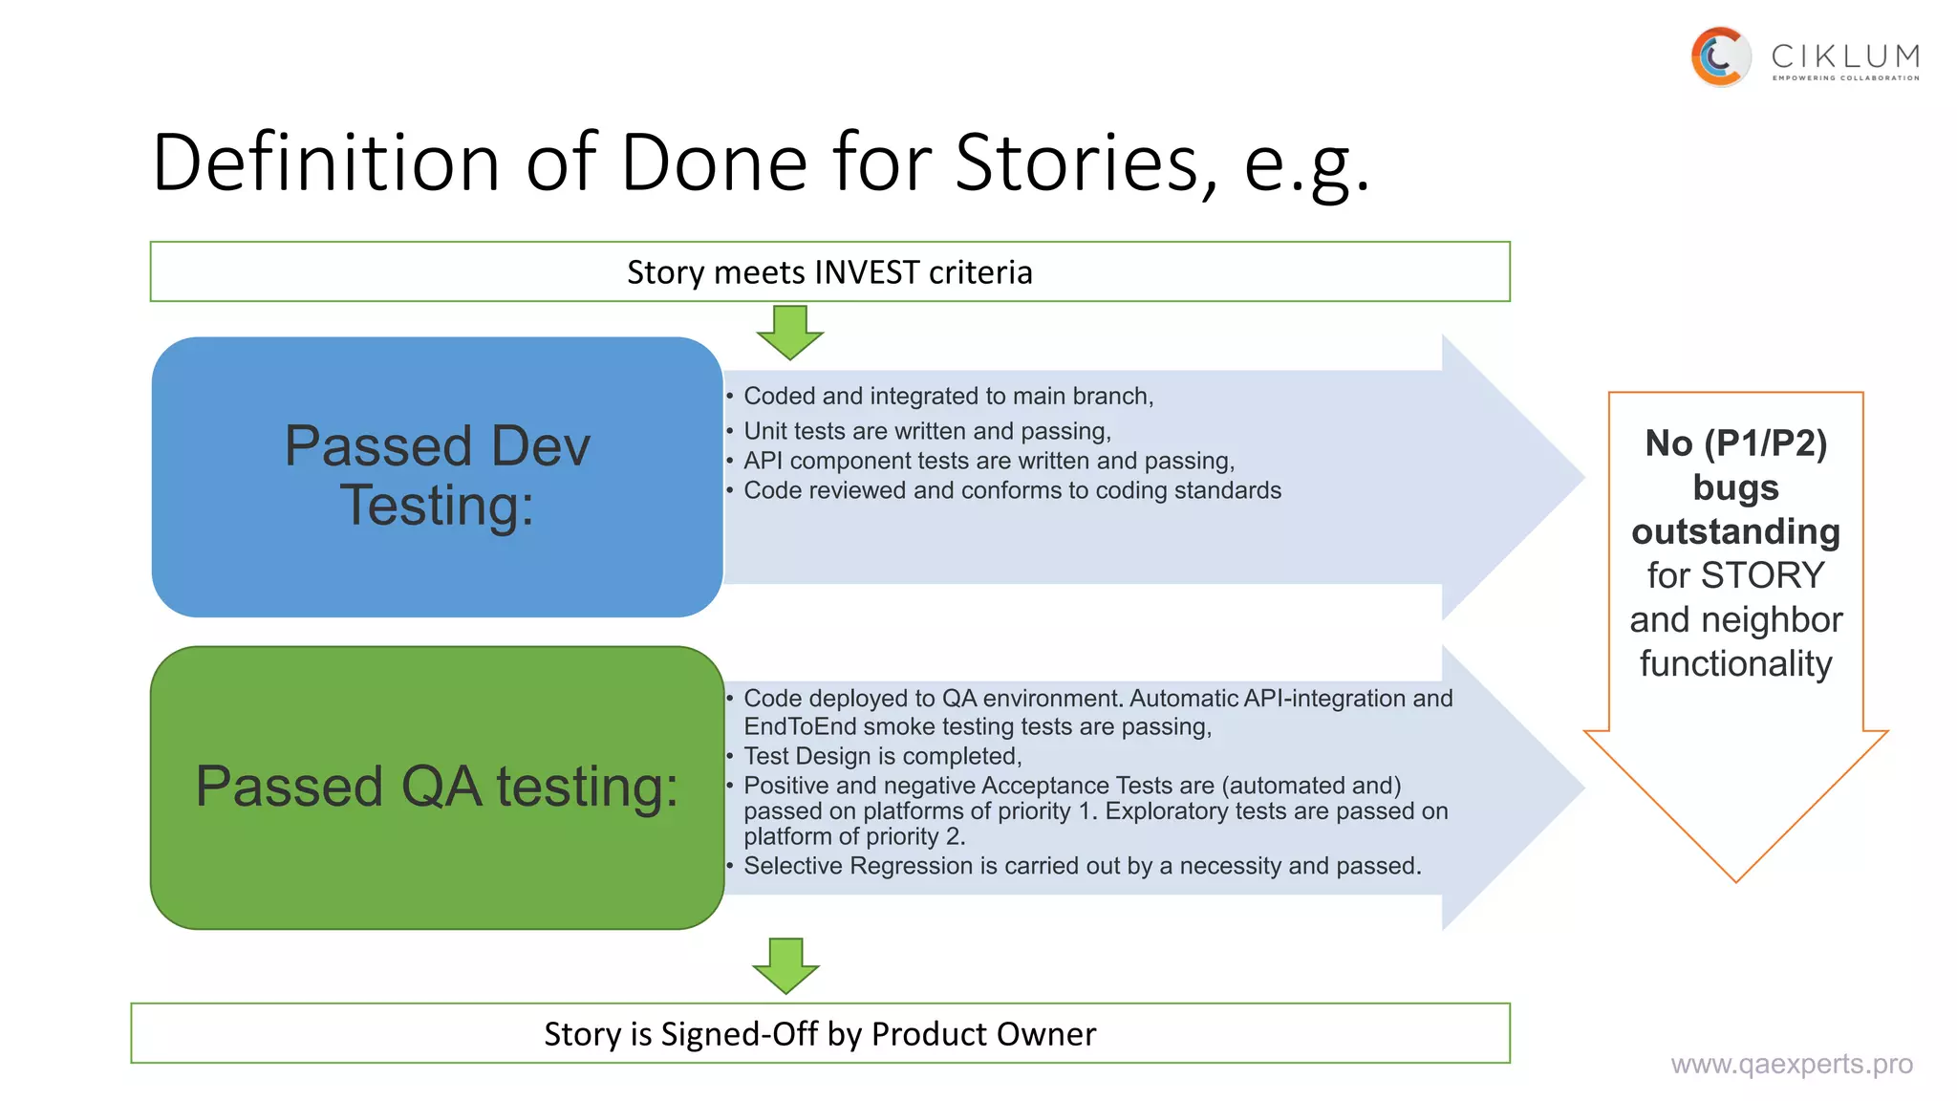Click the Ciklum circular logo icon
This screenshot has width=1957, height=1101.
[1720, 56]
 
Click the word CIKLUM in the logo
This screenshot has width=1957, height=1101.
[1844, 55]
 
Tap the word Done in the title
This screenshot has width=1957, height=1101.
[714, 162]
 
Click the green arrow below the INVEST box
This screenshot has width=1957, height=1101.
[789, 332]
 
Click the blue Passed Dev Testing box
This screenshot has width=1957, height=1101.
[437, 476]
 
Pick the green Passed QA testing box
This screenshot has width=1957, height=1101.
[437, 787]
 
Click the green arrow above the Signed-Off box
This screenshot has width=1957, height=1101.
[785, 964]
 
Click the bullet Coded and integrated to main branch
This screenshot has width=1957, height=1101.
[948, 396]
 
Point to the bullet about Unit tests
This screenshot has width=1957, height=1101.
[927, 431]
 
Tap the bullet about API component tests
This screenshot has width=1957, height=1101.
[989, 461]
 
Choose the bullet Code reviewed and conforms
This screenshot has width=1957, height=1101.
[1012, 490]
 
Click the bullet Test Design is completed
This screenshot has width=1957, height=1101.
[882, 756]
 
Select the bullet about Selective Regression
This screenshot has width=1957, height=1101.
[1082, 866]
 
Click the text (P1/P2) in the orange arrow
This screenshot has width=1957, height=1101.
[1765, 443]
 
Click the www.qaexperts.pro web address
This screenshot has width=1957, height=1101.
[1791, 1064]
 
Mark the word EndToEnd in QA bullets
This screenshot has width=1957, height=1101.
[800, 726]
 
